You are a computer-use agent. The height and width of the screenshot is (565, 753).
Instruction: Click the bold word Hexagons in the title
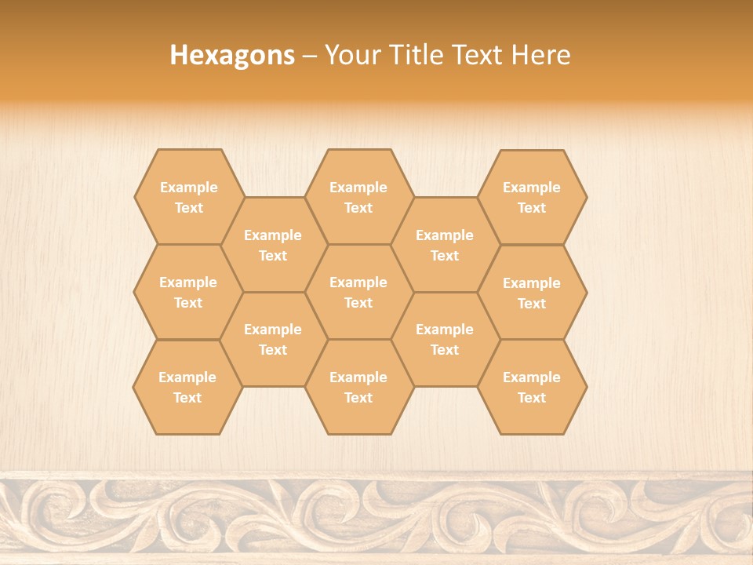click(232, 55)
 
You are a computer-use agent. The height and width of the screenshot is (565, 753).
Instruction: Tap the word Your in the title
click(351, 55)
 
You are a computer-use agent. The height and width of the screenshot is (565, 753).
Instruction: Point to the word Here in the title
click(541, 55)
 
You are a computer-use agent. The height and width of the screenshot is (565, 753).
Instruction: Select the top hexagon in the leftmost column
click(188, 197)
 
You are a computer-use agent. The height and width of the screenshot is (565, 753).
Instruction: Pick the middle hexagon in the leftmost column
click(188, 292)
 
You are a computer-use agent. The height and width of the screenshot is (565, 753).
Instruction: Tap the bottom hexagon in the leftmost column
click(187, 387)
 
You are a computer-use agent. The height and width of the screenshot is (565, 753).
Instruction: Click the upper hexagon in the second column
click(273, 245)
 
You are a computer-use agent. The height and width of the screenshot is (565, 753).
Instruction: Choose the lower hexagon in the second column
click(273, 339)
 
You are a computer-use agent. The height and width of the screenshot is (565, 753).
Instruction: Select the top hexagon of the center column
click(358, 197)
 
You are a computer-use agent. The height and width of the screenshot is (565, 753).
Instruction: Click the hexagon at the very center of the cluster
click(358, 292)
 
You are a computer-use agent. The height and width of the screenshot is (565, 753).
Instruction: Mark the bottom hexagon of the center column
click(358, 387)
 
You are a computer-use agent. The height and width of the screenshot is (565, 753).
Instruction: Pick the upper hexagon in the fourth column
click(445, 245)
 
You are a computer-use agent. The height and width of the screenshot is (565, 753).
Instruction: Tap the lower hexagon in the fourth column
click(445, 339)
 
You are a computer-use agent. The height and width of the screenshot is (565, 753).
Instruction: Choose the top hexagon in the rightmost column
click(532, 197)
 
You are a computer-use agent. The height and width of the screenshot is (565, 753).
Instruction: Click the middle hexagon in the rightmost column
click(532, 293)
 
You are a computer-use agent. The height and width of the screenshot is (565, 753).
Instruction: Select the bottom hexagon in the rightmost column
click(532, 387)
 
